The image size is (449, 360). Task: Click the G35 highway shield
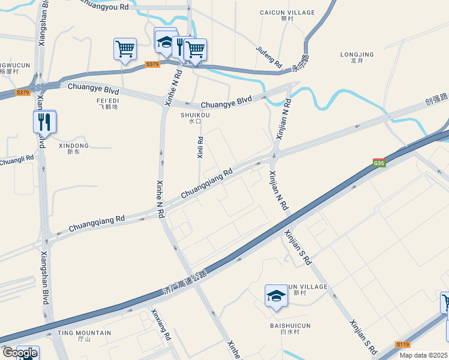(x=379, y=163)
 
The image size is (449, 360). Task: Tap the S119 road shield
(x=403, y=344)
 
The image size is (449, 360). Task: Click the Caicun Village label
(x=287, y=13)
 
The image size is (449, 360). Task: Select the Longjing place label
(x=357, y=55)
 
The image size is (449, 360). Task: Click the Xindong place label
(x=74, y=146)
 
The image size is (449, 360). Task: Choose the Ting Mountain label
(x=84, y=333)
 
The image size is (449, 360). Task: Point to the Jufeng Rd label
(x=269, y=55)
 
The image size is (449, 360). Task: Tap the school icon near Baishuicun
(x=276, y=296)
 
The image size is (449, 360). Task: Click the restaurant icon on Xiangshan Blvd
(x=44, y=122)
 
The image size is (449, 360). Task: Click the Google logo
(x=19, y=353)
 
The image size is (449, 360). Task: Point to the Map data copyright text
(x=424, y=355)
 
